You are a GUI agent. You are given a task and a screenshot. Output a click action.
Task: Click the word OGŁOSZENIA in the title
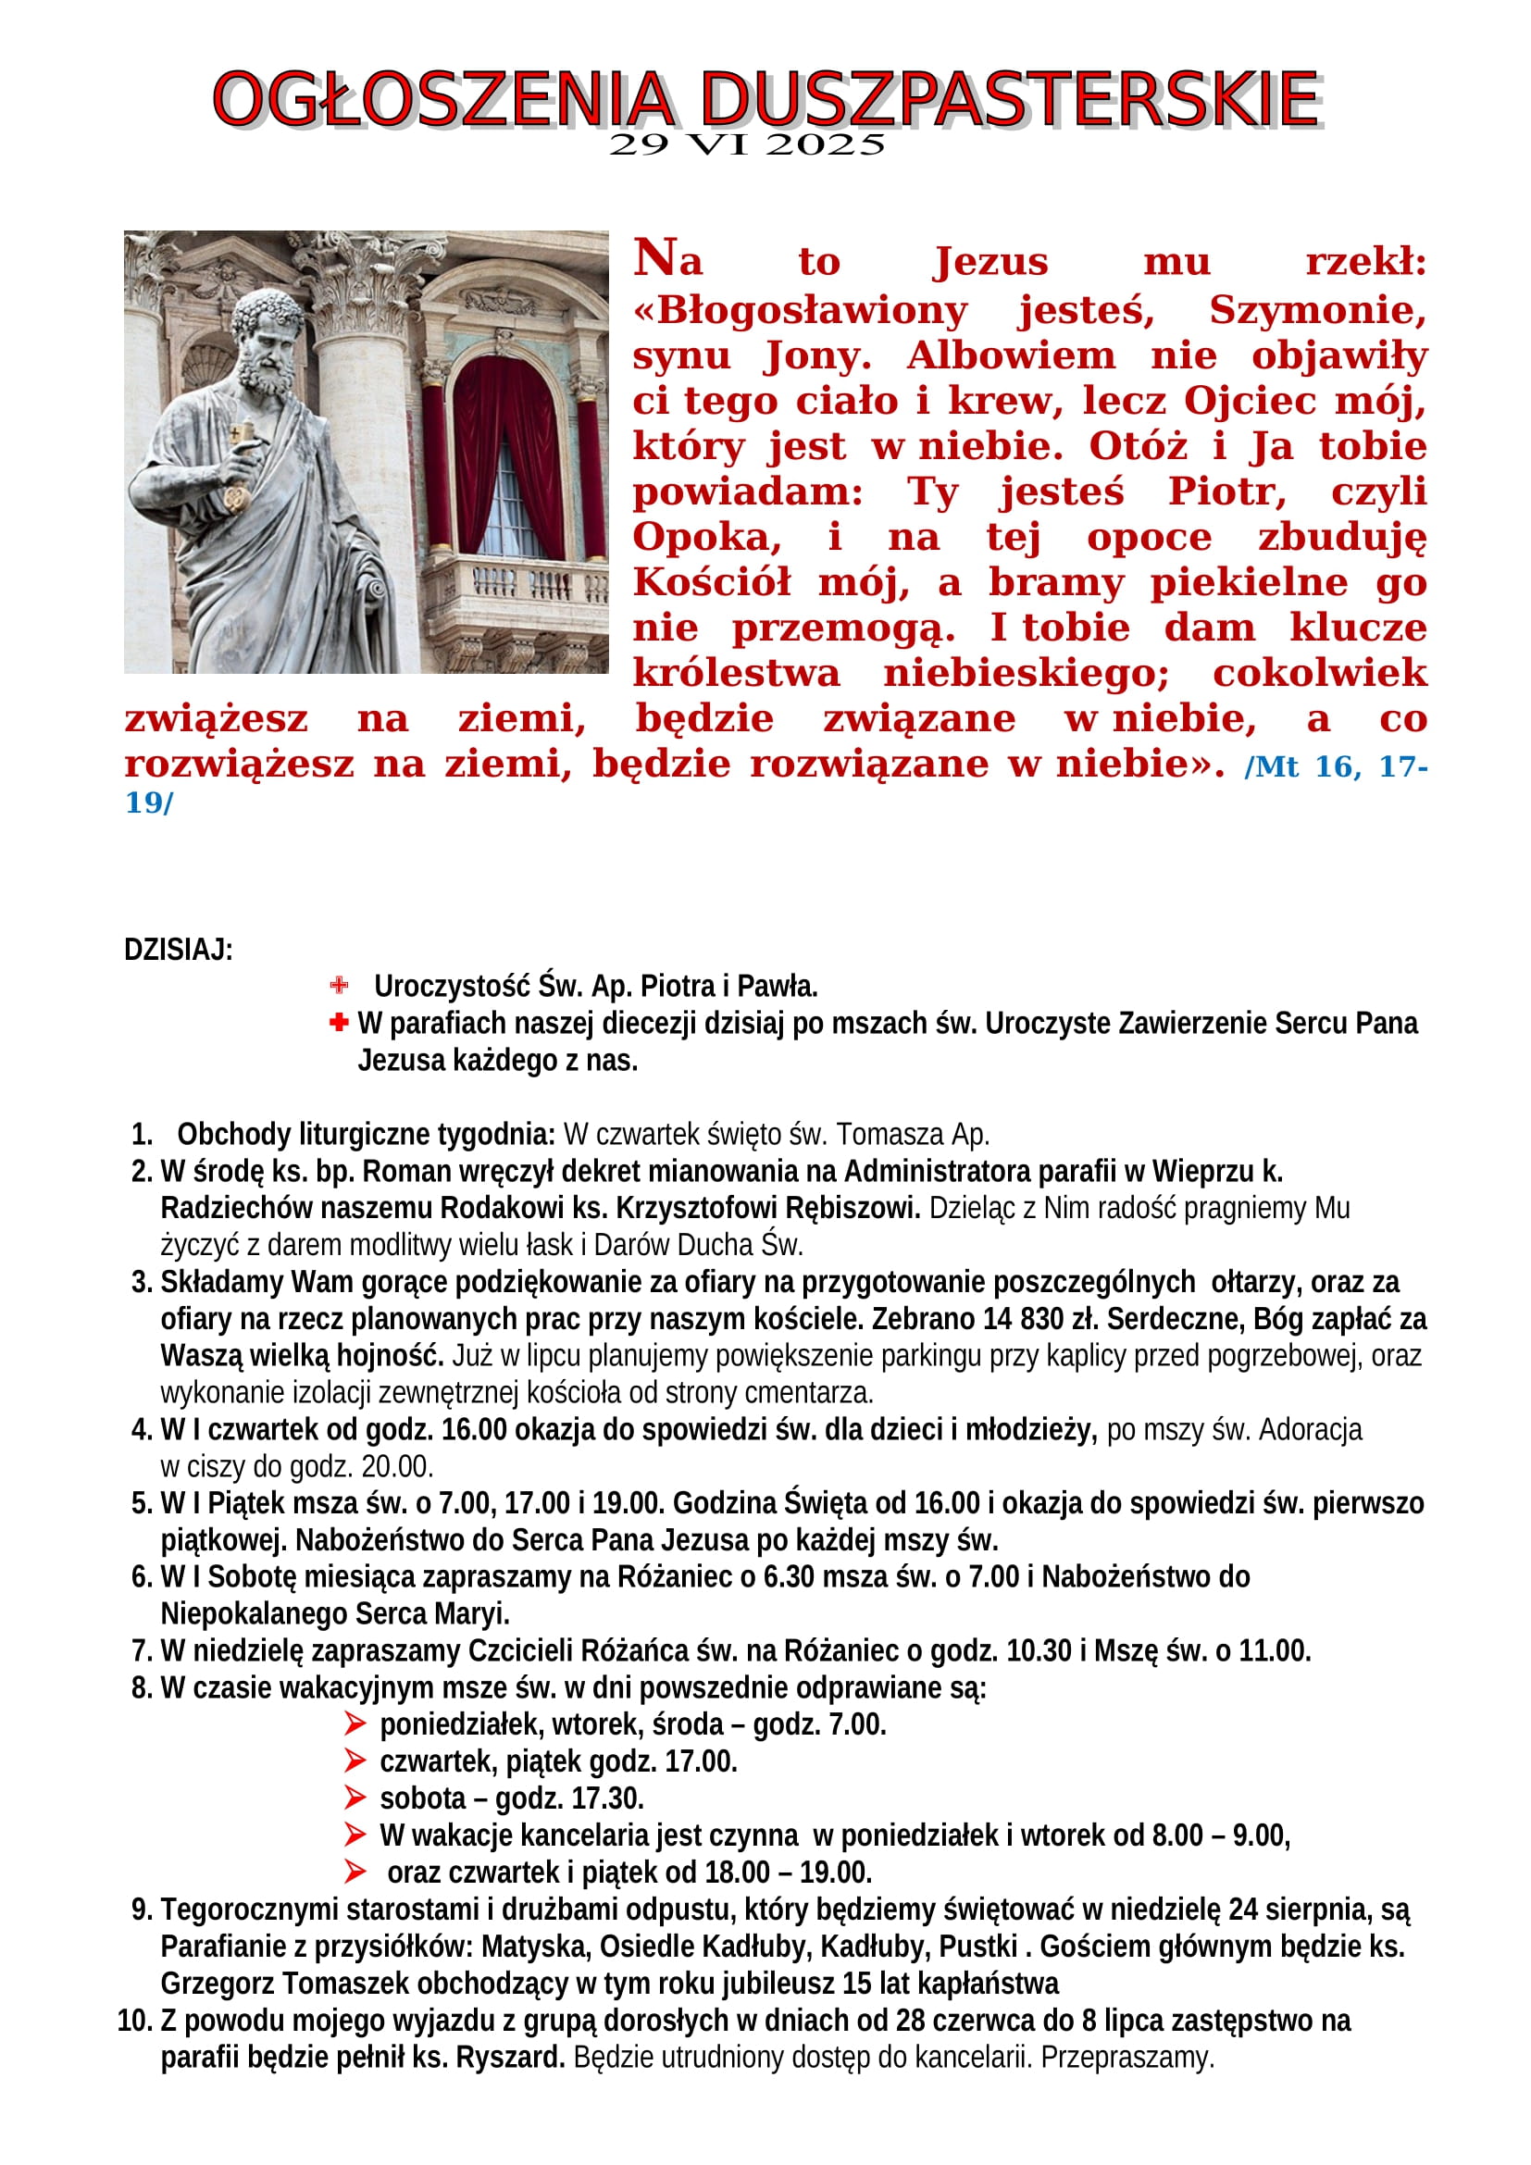click(x=443, y=99)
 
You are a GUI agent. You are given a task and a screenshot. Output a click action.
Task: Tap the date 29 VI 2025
click(x=747, y=145)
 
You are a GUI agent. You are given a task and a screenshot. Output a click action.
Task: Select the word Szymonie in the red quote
click(x=1317, y=310)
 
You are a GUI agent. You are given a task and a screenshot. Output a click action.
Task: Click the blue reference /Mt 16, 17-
click(x=1335, y=766)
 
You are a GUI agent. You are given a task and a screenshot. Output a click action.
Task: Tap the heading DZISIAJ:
click(x=178, y=950)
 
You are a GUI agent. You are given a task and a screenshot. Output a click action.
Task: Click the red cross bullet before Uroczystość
click(x=339, y=987)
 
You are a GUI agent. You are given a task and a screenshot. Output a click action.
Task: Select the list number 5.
click(x=142, y=1503)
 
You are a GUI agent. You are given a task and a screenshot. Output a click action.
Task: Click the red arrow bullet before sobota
click(x=355, y=1798)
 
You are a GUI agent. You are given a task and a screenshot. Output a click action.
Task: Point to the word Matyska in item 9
click(x=538, y=1947)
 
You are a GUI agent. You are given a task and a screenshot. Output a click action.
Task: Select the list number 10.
click(x=134, y=2021)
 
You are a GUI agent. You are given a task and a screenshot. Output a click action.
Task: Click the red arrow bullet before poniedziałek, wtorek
click(x=355, y=1724)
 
